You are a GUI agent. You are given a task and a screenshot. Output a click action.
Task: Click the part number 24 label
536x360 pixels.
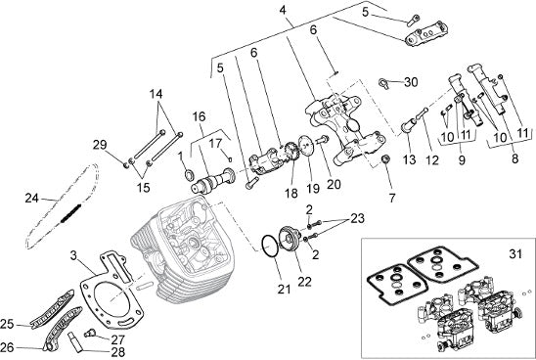pos(32,198)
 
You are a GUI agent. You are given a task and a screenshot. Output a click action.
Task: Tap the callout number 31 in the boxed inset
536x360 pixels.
pos(515,254)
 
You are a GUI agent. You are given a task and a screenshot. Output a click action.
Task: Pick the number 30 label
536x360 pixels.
pos(411,82)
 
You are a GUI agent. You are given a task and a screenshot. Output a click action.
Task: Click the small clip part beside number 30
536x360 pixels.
pos(384,83)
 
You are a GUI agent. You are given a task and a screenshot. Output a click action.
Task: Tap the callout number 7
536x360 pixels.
pos(392,198)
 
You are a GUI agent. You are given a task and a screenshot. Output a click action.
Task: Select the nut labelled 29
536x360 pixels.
pos(126,165)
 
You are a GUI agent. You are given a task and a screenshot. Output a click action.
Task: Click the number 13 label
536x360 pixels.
pos(409,159)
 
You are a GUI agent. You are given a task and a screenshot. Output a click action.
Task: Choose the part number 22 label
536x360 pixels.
pos(304,282)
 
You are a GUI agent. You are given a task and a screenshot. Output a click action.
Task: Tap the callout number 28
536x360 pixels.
pos(118,352)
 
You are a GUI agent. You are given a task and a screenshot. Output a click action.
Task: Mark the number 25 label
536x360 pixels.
pos(7,324)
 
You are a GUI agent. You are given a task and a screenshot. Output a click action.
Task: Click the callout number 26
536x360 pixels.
pos(7,347)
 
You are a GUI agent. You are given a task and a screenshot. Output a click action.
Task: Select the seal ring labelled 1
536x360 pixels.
pos(189,176)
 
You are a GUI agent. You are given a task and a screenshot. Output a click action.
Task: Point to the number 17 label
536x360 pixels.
pos(215,143)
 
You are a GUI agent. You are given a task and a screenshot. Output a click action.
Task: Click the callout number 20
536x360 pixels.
pos(334,184)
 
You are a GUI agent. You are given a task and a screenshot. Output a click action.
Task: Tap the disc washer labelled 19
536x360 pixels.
pos(305,145)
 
